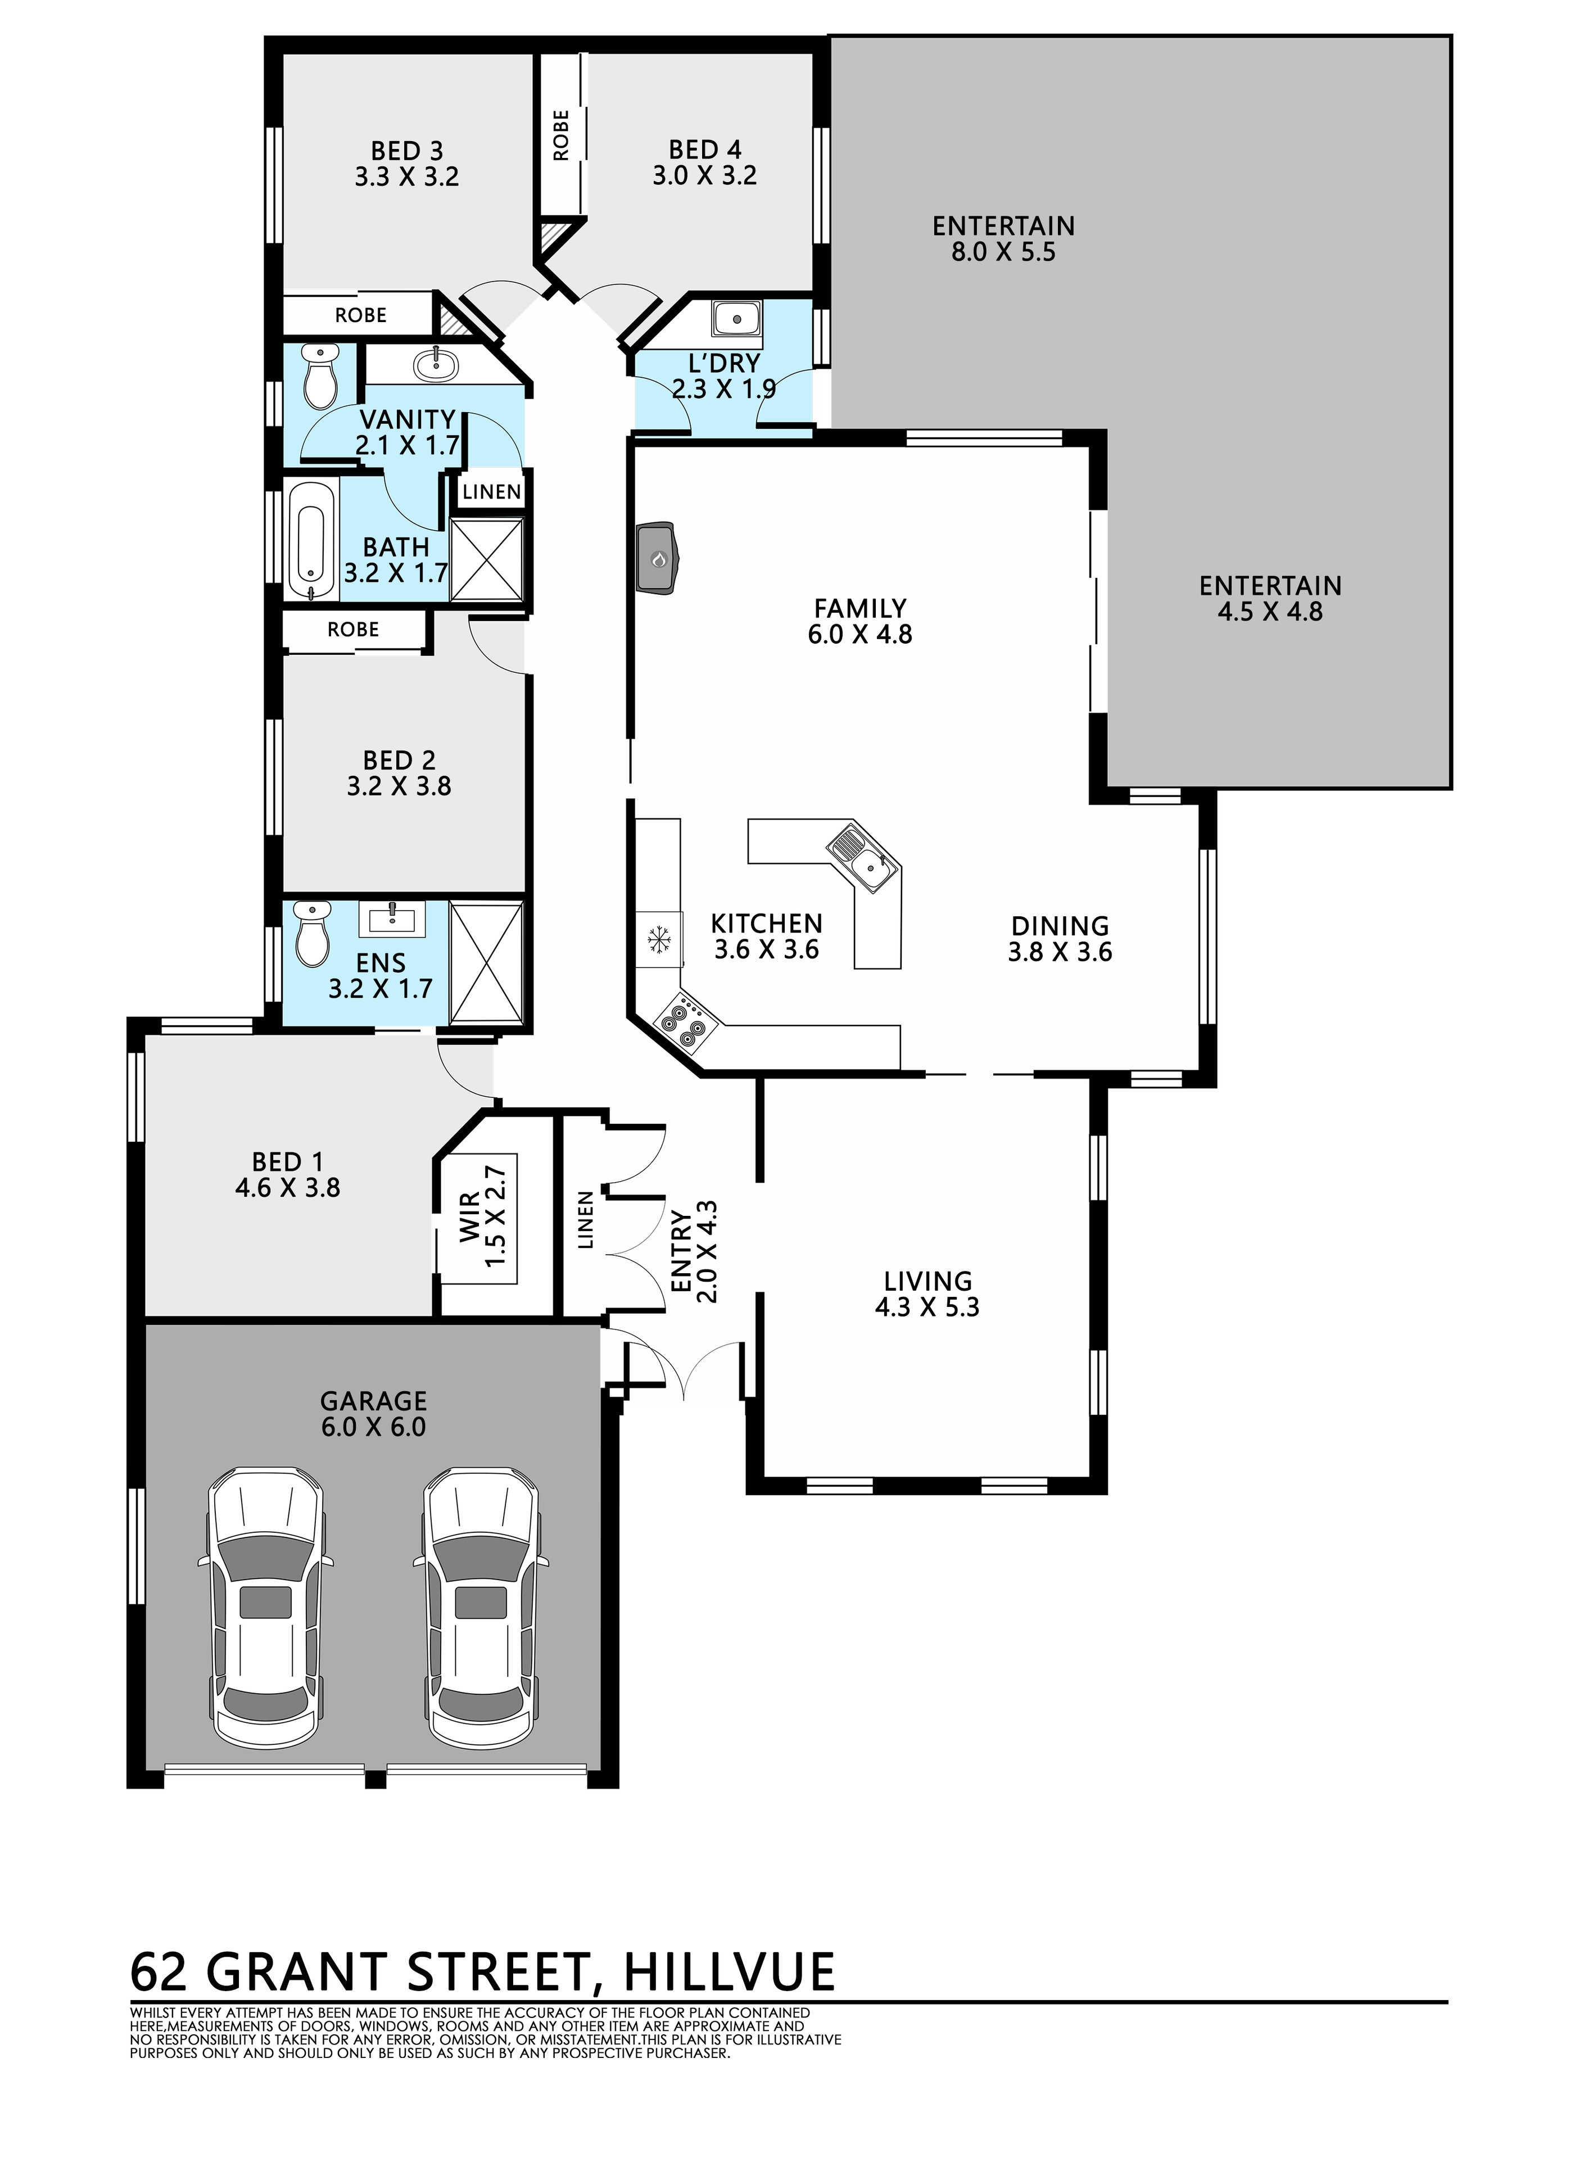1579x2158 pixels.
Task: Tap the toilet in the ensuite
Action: click(x=311, y=933)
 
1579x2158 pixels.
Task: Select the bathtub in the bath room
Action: click(x=311, y=541)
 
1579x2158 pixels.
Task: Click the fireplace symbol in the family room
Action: click(x=658, y=557)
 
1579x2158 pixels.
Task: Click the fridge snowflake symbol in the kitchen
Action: click(x=659, y=939)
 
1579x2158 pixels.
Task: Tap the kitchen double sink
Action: click(x=862, y=856)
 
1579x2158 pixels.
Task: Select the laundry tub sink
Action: click(x=736, y=318)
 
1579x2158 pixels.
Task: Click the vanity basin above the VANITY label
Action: click(x=438, y=363)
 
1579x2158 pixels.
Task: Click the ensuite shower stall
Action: click(x=486, y=963)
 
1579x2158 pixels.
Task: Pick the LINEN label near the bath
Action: click(x=492, y=492)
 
